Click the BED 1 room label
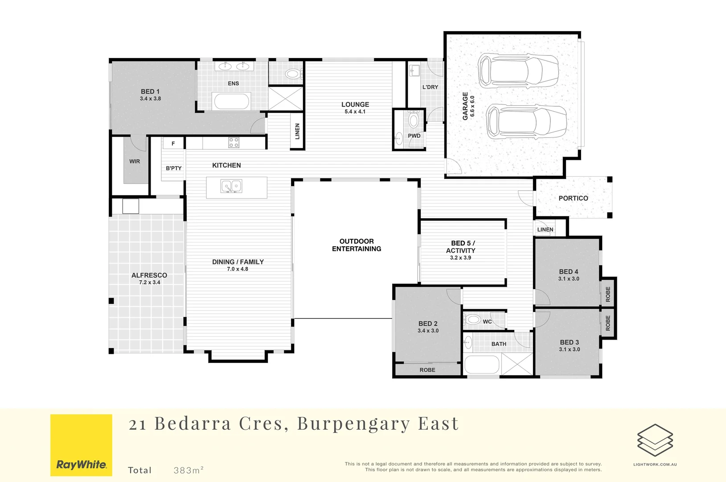click(150, 91)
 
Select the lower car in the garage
click(526, 122)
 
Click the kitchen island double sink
click(231, 186)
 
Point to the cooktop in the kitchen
click(234, 143)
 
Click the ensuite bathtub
click(231, 101)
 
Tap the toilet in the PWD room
click(414, 120)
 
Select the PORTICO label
click(573, 198)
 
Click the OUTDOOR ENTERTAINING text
click(356, 245)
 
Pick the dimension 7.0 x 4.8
click(238, 269)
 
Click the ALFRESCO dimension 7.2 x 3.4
click(149, 283)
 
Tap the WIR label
click(135, 162)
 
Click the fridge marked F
click(173, 144)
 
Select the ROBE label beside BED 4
click(608, 294)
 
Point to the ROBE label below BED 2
click(427, 370)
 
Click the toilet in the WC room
click(472, 320)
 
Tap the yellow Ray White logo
click(81, 445)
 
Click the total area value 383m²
click(189, 470)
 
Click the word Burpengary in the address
click(353, 424)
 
